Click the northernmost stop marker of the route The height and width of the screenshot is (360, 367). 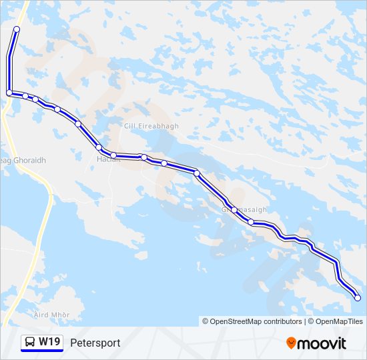click(16, 29)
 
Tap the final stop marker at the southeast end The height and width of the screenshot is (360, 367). click(358, 298)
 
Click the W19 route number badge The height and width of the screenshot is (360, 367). click(49, 342)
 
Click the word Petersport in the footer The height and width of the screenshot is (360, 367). click(95, 343)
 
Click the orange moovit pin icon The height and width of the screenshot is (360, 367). click(292, 343)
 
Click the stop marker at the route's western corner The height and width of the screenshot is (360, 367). click(9, 93)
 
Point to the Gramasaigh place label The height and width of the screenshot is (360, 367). click(244, 209)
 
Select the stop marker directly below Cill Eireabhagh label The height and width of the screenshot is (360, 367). click(144, 157)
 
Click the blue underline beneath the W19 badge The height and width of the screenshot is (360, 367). click(42, 351)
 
